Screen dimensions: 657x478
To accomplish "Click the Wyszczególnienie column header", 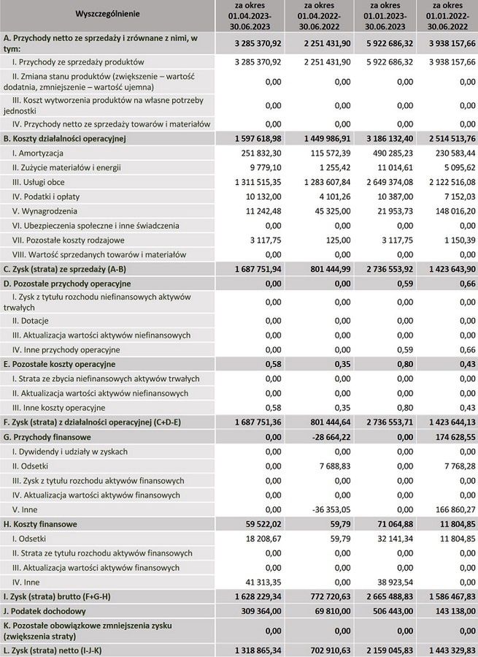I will pos(107,14).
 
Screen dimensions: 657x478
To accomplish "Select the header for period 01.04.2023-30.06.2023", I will pos(248,14).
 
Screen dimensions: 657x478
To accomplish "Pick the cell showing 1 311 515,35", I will pos(255,182).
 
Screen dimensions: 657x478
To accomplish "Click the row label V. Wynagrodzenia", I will pos(41,210).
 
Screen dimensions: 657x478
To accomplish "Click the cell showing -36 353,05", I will pos(319,509).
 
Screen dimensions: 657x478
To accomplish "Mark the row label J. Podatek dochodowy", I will pos(45,611).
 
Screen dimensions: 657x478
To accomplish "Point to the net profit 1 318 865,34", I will pos(255,648).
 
